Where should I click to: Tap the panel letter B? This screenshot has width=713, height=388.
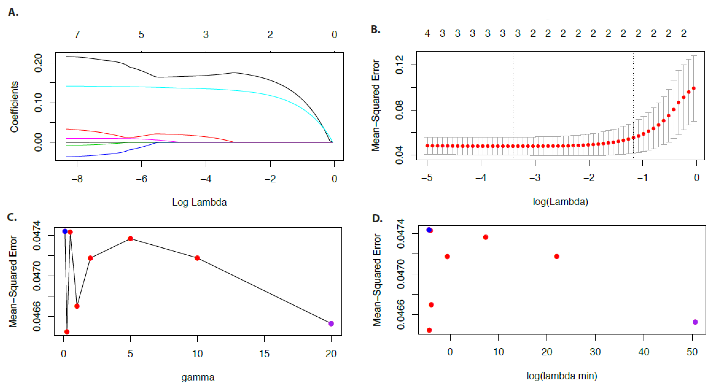(x=375, y=29)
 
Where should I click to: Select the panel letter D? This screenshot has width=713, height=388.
(x=377, y=219)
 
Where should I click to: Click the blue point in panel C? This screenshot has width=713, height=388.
(x=65, y=231)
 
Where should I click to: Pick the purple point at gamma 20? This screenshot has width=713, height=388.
(x=331, y=324)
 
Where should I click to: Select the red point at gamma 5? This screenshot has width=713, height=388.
(x=130, y=239)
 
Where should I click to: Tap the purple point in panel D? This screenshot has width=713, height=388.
(x=695, y=322)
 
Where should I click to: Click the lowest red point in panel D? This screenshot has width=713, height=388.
(x=429, y=330)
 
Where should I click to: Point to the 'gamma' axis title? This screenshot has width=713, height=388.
(x=198, y=377)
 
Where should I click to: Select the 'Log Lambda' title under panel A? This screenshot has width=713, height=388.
(x=199, y=202)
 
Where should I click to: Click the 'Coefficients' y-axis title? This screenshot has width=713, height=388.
(x=14, y=106)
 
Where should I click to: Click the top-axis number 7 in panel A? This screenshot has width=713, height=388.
(x=77, y=35)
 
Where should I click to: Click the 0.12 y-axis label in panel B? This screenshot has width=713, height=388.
(x=399, y=65)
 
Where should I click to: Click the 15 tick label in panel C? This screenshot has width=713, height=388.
(x=264, y=353)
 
